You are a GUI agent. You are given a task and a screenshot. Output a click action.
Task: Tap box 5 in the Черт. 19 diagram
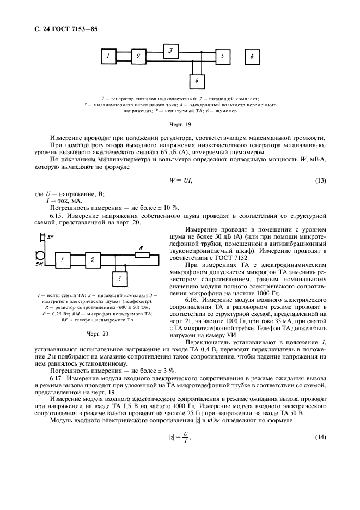coord(221,56)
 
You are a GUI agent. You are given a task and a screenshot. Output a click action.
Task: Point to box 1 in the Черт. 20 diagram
coord(63,260)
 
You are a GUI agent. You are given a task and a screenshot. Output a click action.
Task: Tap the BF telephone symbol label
coord(50,239)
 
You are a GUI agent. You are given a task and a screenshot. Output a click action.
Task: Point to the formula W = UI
coord(180,180)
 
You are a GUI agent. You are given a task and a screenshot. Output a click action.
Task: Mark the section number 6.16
coord(195,299)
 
